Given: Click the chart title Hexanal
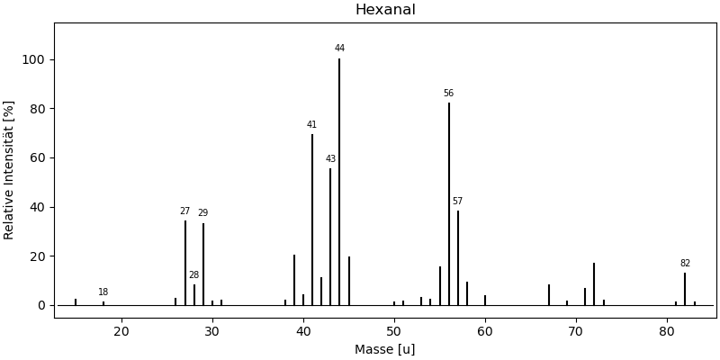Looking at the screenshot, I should pos(385,10).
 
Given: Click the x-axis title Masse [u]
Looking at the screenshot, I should pos(385,349).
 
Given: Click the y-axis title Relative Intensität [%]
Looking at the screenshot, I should pos(10,170).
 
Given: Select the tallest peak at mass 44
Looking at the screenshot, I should pos(339,180).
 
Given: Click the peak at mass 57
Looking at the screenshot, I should pos(458,257).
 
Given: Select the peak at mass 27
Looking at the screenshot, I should pos(185,262).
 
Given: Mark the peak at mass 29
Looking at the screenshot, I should pos(203,264).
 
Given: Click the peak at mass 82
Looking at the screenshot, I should pos(685,288).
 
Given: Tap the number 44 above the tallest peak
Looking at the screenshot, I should pos(339,49).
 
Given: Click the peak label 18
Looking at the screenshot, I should pos(103,292).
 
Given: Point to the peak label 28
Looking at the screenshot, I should pos(193,275).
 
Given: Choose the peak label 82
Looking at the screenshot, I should pos(685,264).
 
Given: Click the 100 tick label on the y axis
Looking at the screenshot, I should pos(35,59).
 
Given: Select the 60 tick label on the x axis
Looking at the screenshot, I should pos(485,331).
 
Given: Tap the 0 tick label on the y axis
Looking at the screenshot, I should pos(41,305).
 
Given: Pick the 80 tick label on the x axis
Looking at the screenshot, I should pos(667,331).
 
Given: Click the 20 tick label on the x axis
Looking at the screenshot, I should pos(121,331).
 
